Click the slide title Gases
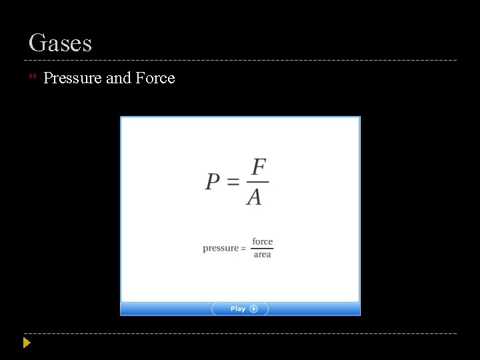pyautogui.click(x=60, y=43)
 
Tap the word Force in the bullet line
pyautogui.click(x=155, y=78)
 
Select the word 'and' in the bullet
pyautogui.click(x=119, y=78)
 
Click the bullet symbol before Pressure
pyautogui.click(x=33, y=78)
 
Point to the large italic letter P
pyautogui.click(x=213, y=181)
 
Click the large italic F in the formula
pyautogui.click(x=259, y=167)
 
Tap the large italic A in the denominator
pyautogui.click(x=254, y=197)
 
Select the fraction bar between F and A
pyautogui.click(x=257, y=181)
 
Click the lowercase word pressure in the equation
pyautogui.click(x=220, y=249)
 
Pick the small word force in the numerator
pyautogui.click(x=263, y=241)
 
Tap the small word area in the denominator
pyautogui.click(x=263, y=255)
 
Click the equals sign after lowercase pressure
pyautogui.click(x=243, y=249)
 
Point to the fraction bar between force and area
pyautogui.click(x=263, y=249)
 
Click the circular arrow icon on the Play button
pyautogui.click(x=254, y=309)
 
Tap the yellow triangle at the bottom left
pyautogui.click(x=27, y=343)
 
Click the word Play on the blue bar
pyautogui.click(x=238, y=309)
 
